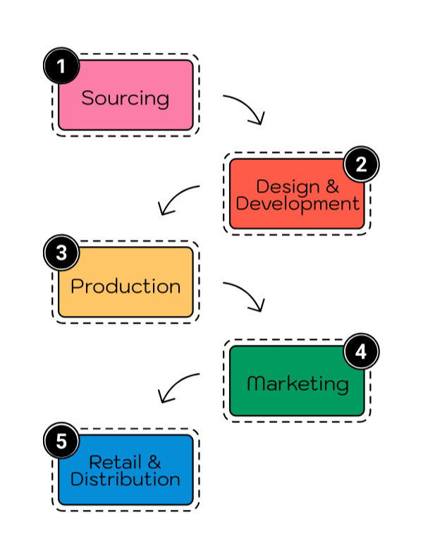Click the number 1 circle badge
click(x=61, y=67)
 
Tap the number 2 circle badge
click(x=361, y=165)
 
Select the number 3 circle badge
click(x=61, y=253)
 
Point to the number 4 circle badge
click(x=361, y=352)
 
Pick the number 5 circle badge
click(x=61, y=441)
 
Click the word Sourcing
click(x=125, y=98)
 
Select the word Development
click(x=298, y=204)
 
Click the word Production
click(x=125, y=286)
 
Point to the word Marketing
click(x=298, y=384)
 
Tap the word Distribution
click(x=125, y=480)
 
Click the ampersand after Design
click(x=331, y=186)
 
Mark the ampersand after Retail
click(x=153, y=462)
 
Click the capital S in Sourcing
click(x=87, y=98)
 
